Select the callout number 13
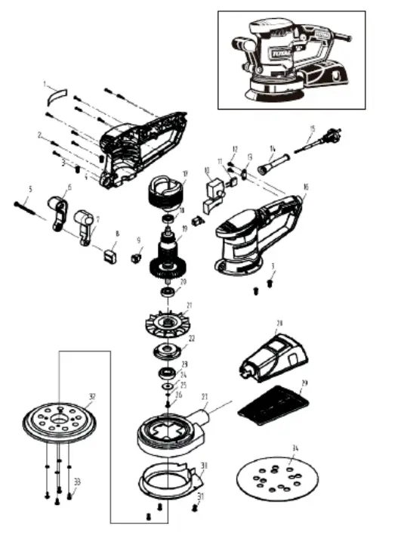pyautogui.click(x=250, y=156)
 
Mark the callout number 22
pyautogui.click(x=192, y=339)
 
